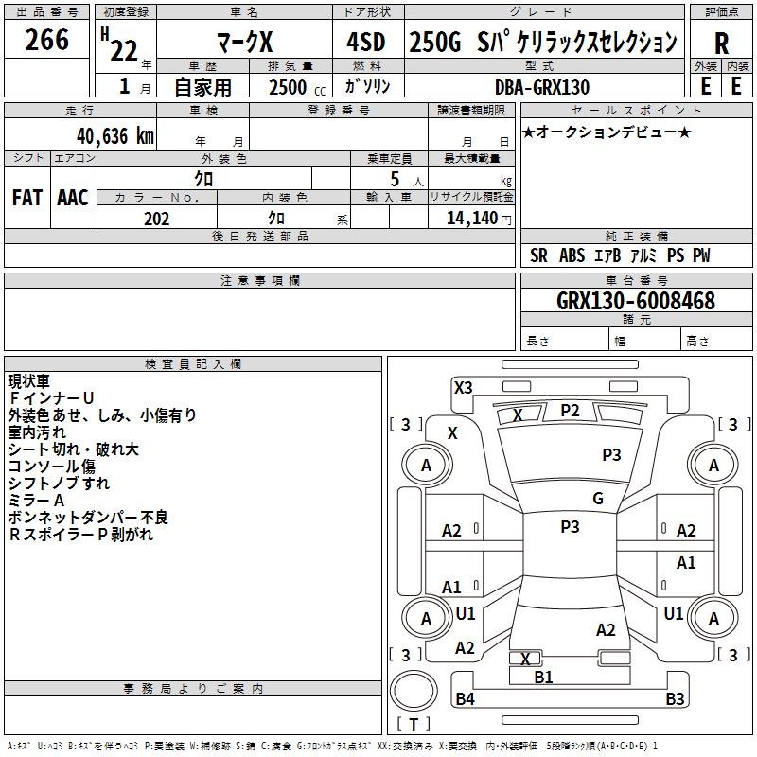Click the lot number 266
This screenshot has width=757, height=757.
tap(47, 40)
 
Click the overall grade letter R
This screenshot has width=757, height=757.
tap(721, 43)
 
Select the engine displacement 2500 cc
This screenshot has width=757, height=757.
tap(290, 87)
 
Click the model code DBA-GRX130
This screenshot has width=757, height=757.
tap(542, 87)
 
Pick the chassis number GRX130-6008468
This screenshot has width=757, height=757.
tap(636, 302)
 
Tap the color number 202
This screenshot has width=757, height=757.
tap(156, 219)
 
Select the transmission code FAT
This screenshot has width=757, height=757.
tap(26, 198)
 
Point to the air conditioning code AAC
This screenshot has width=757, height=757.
tap(73, 198)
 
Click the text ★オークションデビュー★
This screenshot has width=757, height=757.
tap(606, 132)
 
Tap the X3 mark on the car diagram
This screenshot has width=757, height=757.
tap(464, 387)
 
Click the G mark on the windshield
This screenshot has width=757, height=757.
tap(598, 499)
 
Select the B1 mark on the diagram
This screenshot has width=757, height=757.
tap(544, 678)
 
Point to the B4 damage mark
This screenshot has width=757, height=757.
tap(466, 699)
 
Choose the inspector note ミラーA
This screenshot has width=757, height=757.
tap(36, 501)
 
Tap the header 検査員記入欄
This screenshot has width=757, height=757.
tap(193, 364)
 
